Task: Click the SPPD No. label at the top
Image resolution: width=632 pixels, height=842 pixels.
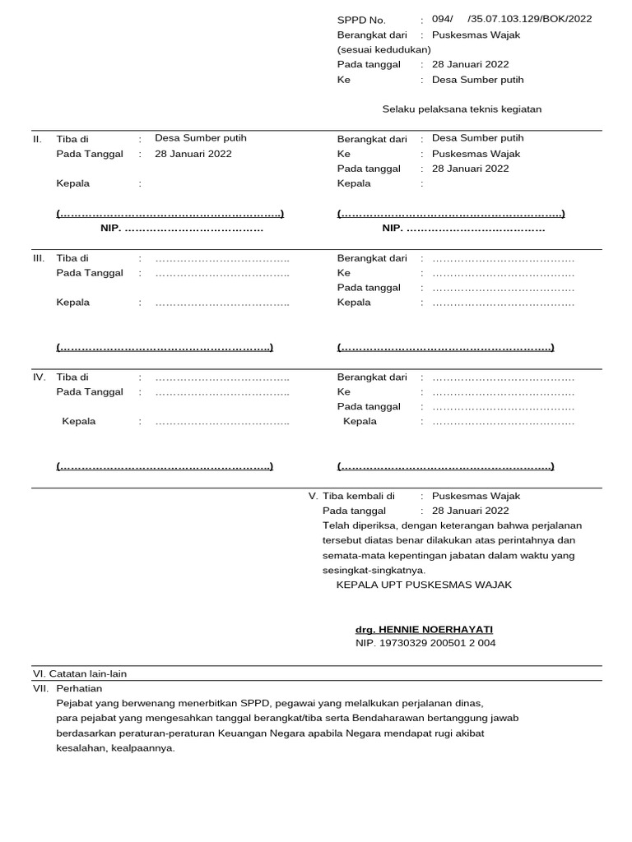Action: (x=361, y=20)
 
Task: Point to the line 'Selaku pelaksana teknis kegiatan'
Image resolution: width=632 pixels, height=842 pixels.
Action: (x=462, y=109)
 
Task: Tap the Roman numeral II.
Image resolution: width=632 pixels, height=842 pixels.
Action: (x=37, y=139)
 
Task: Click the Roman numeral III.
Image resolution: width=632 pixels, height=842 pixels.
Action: (x=39, y=258)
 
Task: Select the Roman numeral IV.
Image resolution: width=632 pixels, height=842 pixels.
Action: (x=39, y=377)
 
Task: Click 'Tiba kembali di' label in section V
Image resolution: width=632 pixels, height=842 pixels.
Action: (x=358, y=497)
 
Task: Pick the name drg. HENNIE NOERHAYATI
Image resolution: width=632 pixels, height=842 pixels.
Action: (x=424, y=629)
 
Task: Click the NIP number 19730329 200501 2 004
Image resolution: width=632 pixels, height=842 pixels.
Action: (x=425, y=643)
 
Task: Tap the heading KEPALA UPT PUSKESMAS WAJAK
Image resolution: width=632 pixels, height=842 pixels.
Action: (x=424, y=585)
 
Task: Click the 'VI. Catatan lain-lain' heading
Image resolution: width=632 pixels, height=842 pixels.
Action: (x=80, y=673)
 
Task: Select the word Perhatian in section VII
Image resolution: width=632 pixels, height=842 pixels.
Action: (x=79, y=688)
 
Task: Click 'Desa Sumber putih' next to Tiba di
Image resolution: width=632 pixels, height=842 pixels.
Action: (x=201, y=138)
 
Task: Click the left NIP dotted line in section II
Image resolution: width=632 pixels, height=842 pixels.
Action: (x=182, y=229)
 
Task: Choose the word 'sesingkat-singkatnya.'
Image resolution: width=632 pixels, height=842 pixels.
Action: (x=374, y=570)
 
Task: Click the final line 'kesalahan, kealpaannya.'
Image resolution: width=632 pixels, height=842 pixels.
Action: (x=115, y=748)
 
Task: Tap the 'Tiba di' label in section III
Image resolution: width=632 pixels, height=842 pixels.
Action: (x=72, y=258)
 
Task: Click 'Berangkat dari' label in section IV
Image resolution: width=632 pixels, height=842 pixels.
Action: (x=372, y=377)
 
